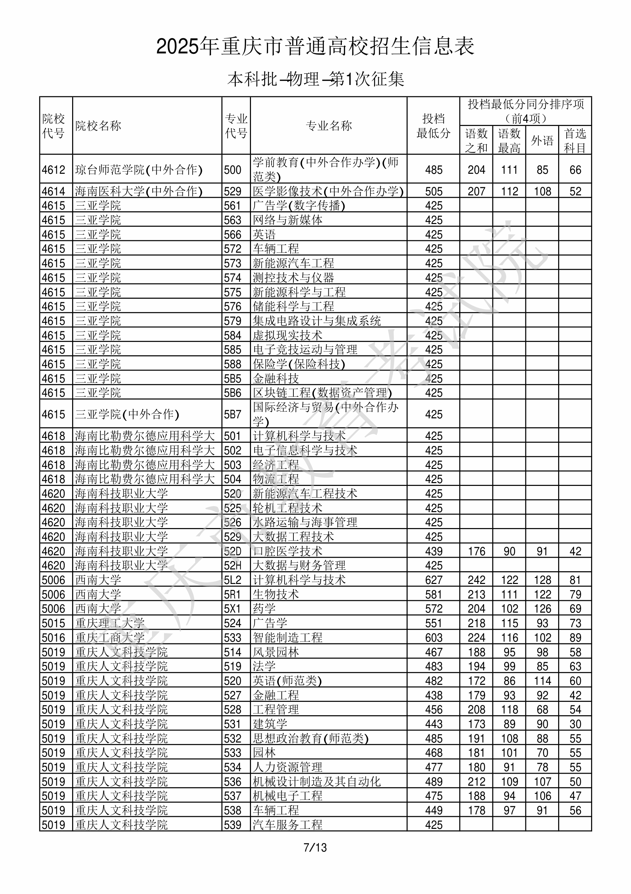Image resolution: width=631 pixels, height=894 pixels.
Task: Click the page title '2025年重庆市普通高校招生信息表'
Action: pos(315,47)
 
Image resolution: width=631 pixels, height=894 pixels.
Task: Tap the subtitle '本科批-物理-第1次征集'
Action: pos(315,79)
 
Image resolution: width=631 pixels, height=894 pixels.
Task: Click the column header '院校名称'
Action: pos(98,126)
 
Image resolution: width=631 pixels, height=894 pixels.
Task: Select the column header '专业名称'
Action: pos(329,126)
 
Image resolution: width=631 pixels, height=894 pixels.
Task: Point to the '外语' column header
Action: pos(542,141)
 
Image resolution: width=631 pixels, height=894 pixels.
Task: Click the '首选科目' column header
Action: pos(575,141)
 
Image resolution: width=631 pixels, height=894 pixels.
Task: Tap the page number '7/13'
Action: pos(315,847)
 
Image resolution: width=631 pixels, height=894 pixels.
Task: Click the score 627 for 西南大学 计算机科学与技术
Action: pos(433,580)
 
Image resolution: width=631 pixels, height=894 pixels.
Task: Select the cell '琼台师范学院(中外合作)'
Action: pos(139,170)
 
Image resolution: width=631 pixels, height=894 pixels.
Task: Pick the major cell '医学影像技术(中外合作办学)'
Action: pos(328,191)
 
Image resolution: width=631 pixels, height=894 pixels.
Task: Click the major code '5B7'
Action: pos(233,414)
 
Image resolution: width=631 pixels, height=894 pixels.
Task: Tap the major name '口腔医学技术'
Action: pos(287,551)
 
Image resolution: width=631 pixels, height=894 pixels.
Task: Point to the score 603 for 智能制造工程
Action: pos(433,638)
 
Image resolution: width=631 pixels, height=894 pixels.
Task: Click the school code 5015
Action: pos(54,623)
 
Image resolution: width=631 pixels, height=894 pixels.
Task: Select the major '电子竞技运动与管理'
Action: pos(305,350)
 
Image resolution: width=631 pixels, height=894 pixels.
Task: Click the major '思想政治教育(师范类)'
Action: pos(310,739)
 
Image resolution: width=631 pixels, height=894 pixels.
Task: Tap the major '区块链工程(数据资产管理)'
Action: pos(322,393)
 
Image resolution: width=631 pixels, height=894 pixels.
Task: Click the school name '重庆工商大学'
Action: pos(110,638)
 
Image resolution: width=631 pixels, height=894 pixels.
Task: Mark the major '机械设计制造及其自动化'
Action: pos(316,782)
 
